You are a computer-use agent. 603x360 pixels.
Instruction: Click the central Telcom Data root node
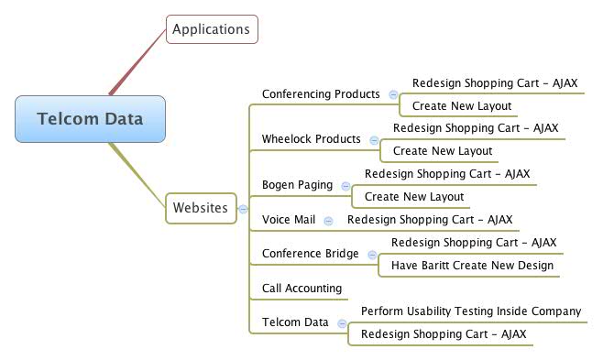click(x=91, y=118)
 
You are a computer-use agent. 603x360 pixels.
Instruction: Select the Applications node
click(x=211, y=29)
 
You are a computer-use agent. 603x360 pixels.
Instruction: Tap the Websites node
click(x=200, y=208)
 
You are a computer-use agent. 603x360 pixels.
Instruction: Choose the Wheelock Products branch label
click(x=312, y=139)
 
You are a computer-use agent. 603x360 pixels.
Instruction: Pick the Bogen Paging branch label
click(x=297, y=185)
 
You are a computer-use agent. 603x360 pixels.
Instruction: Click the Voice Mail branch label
click(x=288, y=220)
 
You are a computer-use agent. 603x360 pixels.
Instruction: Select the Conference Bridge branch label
click(x=311, y=254)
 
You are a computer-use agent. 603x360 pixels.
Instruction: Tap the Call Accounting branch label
click(x=302, y=288)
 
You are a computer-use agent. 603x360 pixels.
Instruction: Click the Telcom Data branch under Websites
click(x=295, y=322)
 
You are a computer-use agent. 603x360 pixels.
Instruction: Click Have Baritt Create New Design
click(x=472, y=266)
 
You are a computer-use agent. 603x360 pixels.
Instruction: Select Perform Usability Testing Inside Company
click(x=471, y=311)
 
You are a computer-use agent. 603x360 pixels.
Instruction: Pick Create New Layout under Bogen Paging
click(x=414, y=197)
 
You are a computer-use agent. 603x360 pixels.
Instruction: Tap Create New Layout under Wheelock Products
click(x=443, y=151)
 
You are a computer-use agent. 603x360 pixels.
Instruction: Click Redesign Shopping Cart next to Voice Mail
click(x=430, y=220)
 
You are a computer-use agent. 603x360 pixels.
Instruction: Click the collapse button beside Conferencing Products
click(x=393, y=94)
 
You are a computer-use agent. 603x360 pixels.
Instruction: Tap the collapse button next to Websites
click(x=243, y=209)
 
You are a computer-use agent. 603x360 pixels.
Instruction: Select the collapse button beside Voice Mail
click(x=328, y=221)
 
